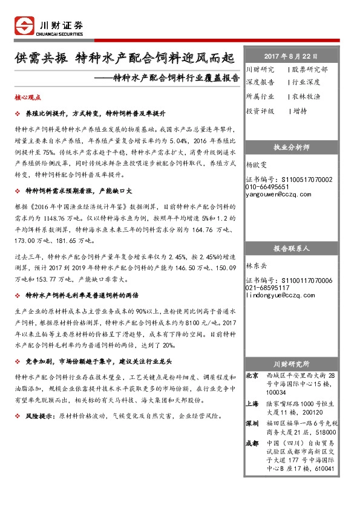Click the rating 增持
point(299,111)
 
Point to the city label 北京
point(253,376)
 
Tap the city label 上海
point(253,403)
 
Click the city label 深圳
point(253,424)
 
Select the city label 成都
point(253,443)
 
